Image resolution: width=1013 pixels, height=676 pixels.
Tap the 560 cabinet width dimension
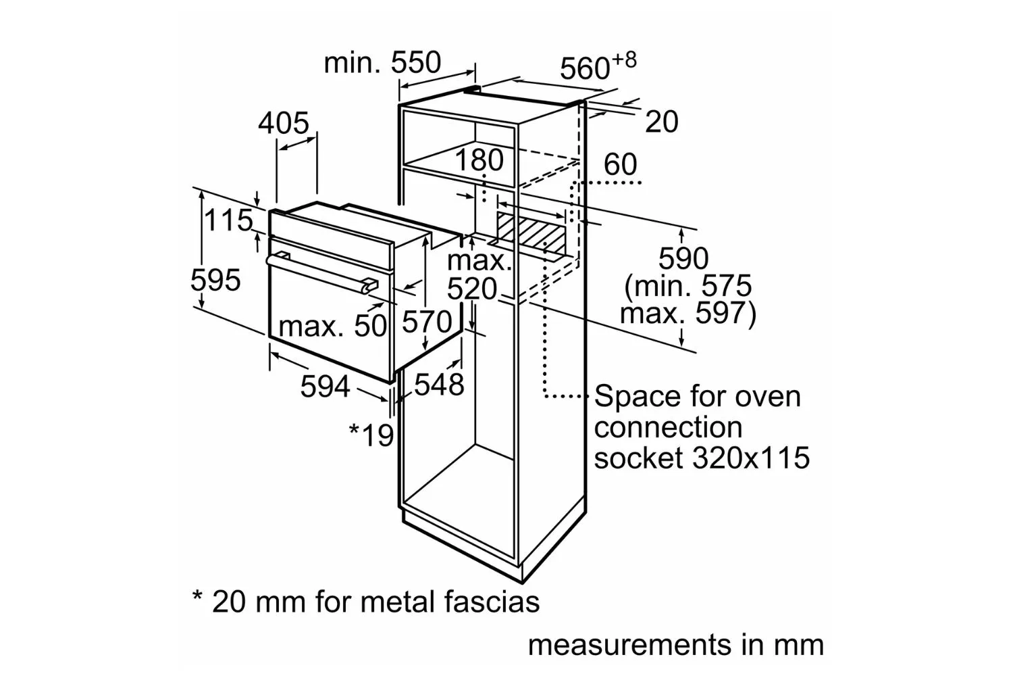coord(598,66)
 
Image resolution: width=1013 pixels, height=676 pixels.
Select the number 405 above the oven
coord(284,123)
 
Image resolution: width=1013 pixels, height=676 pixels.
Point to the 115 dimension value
coord(228,220)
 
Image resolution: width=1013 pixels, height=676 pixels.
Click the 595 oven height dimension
coord(215,281)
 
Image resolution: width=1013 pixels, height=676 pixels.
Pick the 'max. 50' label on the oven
coord(333,326)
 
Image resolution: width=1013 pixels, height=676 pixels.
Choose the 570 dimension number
coord(426,322)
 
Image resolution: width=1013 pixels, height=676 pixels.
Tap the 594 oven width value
coord(325,386)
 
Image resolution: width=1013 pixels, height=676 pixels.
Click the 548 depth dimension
coord(439,385)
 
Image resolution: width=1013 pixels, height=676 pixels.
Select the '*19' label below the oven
coord(371,435)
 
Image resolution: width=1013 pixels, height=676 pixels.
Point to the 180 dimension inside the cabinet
coord(479,160)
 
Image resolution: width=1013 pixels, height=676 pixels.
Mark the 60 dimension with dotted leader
coord(621,164)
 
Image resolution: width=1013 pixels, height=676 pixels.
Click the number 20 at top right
coord(662,122)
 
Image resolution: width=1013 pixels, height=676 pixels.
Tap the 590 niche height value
coord(683,258)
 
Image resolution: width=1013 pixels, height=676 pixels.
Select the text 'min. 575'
coord(688,286)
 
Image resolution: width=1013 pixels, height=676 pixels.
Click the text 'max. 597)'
coord(688,313)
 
